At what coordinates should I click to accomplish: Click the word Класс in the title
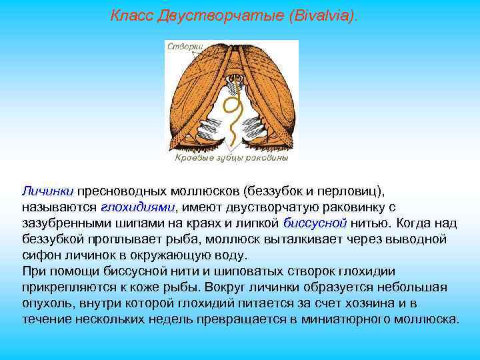click(x=131, y=15)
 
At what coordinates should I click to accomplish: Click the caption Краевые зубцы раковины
click(x=231, y=159)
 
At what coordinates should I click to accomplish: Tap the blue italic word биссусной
click(x=315, y=223)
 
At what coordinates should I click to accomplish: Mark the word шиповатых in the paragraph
click(x=223, y=271)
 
